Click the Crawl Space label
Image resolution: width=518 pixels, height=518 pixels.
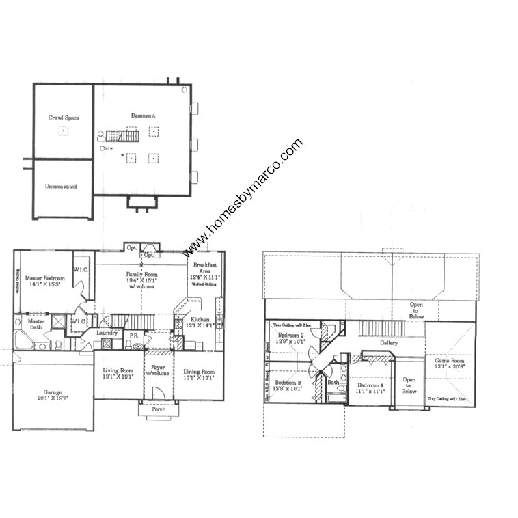64,118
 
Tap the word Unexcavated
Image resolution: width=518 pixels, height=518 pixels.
61,186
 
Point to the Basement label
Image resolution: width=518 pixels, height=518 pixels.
143,116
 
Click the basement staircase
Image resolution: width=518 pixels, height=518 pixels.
122,135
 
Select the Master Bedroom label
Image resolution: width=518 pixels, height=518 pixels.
45,278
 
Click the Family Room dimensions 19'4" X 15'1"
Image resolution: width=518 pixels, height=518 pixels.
141,280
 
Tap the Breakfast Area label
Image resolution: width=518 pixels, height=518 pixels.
206,268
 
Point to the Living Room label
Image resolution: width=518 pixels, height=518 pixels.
118,371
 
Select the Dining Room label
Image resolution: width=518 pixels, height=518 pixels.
199,371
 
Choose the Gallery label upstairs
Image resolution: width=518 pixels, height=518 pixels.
390,342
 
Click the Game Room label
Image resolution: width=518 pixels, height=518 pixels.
449,360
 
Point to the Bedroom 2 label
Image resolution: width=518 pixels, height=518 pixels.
290,336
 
